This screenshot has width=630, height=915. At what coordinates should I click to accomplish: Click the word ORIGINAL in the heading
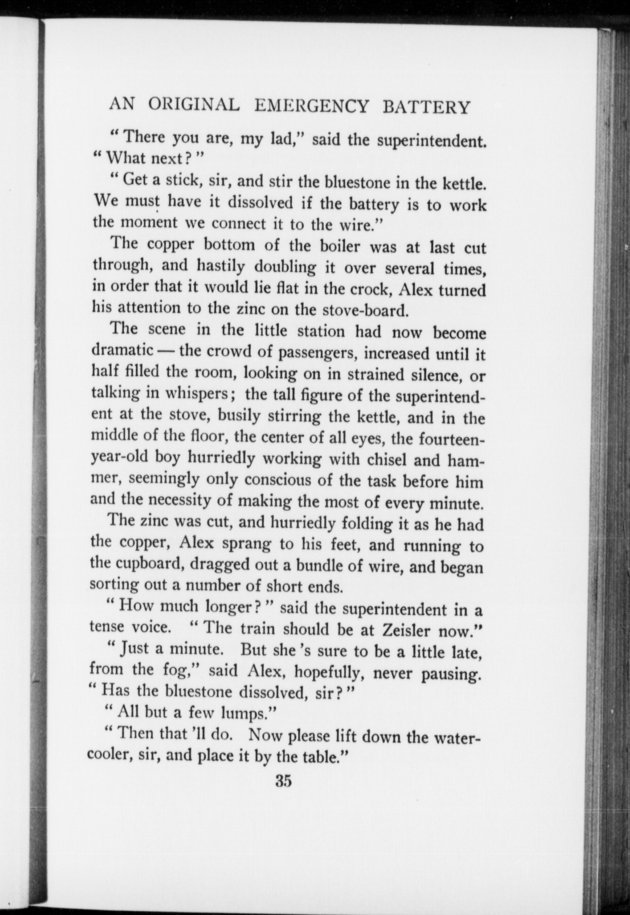(x=194, y=105)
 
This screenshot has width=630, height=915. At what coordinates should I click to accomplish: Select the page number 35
(x=284, y=780)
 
